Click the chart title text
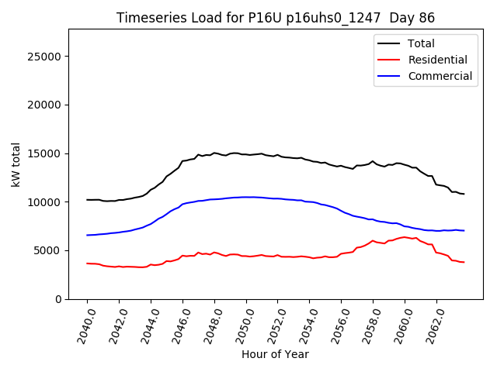pos(275,18)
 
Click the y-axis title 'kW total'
pos(16,164)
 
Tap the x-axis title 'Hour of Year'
pos(275,354)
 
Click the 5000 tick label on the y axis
pos(49,250)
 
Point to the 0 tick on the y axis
pos(59,299)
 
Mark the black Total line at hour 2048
pos(214,153)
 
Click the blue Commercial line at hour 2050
pos(246,197)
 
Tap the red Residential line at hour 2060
pos(405,237)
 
